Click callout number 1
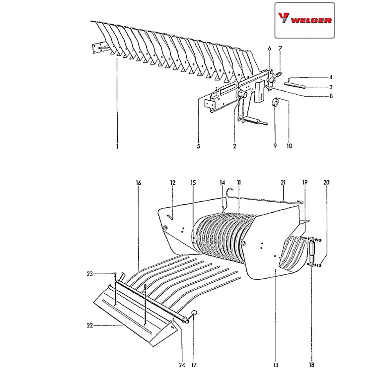coord(117,146)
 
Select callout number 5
coord(199,146)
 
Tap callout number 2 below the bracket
coord(234,146)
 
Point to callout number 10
coord(290,146)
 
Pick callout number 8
coord(331,96)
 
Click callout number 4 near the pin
coord(331,78)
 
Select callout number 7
coord(280,49)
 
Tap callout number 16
coord(138,182)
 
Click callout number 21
coord(284,182)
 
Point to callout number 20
coord(326,182)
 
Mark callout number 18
coord(311,365)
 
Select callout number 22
coord(89,325)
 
